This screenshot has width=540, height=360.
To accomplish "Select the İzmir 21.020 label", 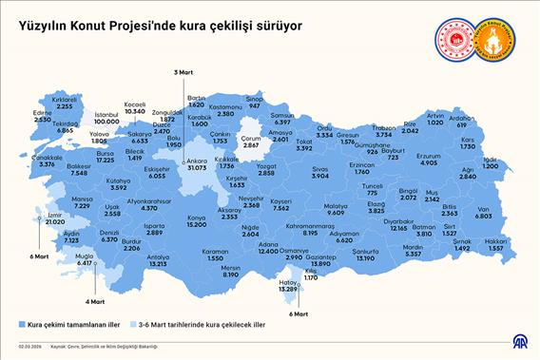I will pyautogui.click(x=56, y=218).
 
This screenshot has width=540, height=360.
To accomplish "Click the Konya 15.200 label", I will pyautogui.click(x=196, y=220).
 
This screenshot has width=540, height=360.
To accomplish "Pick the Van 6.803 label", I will pyautogui.click(x=483, y=213).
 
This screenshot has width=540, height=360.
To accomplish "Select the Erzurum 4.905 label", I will pyautogui.click(x=429, y=160).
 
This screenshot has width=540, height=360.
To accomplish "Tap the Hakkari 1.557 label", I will pyautogui.click(x=497, y=245).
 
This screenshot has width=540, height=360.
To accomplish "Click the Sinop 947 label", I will pyautogui.click(x=254, y=100).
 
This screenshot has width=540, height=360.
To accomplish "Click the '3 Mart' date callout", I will pyautogui.click(x=183, y=72).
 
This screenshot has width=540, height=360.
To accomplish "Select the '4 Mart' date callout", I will pyautogui.click(x=94, y=301).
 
